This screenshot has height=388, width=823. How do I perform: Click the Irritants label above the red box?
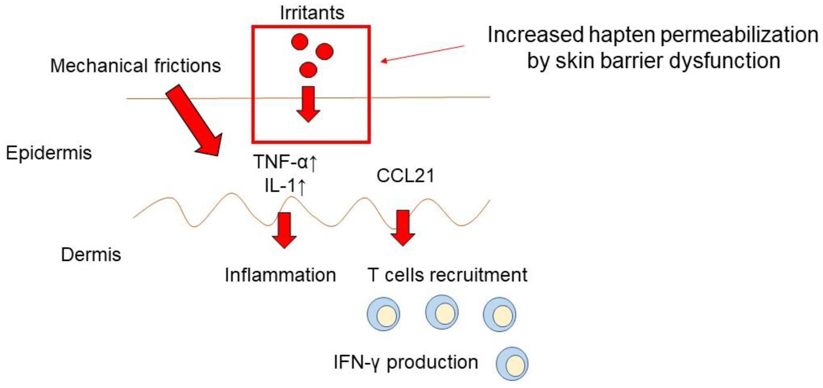coord(312,13)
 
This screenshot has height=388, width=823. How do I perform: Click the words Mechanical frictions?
coord(136,66)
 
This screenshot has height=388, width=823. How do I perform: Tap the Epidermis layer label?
coord(49,153)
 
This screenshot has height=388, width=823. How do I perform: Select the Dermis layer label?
coord(91,254)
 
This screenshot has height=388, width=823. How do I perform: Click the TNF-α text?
coord(280,162)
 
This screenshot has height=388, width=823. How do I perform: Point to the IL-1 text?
coord(280,186)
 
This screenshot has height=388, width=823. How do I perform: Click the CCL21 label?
coord(405,176)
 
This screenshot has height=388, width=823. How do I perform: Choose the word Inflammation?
coord(280,275)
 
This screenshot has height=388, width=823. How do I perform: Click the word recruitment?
coord(477,275)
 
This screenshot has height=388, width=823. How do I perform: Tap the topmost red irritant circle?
coord(300,42)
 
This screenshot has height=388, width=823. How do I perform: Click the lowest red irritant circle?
coord(308,70)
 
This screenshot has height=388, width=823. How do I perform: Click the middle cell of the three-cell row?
coord(442,312)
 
